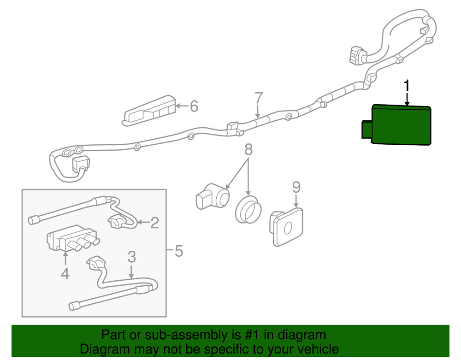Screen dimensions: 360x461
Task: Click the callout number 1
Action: click(407, 86)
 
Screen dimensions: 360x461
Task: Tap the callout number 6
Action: click(194, 107)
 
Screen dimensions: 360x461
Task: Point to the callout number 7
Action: click(258, 99)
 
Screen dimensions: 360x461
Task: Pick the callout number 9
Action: click(296, 187)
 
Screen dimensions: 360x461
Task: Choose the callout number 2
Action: click(154, 224)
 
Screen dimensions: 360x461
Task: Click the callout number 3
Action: click(132, 256)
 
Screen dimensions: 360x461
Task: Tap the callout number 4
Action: click(65, 274)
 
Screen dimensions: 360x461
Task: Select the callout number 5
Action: click(178, 251)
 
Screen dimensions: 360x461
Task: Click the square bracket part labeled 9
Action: click(287, 226)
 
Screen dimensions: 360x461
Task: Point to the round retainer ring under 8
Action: click(248, 210)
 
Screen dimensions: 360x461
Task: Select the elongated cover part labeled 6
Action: click(150, 110)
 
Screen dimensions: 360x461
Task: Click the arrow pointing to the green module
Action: click(407, 100)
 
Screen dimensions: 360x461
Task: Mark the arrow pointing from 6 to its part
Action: click(183, 107)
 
